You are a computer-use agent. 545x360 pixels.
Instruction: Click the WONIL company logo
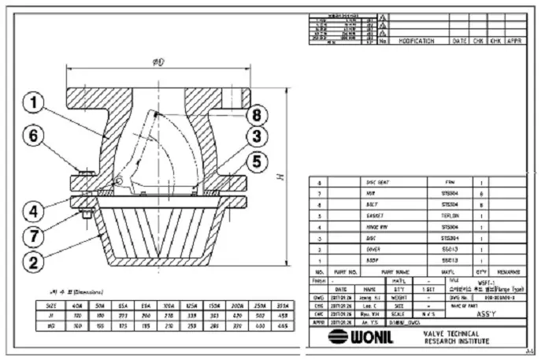click(x=358, y=337)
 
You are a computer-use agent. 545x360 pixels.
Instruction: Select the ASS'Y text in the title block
click(x=488, y=310)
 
